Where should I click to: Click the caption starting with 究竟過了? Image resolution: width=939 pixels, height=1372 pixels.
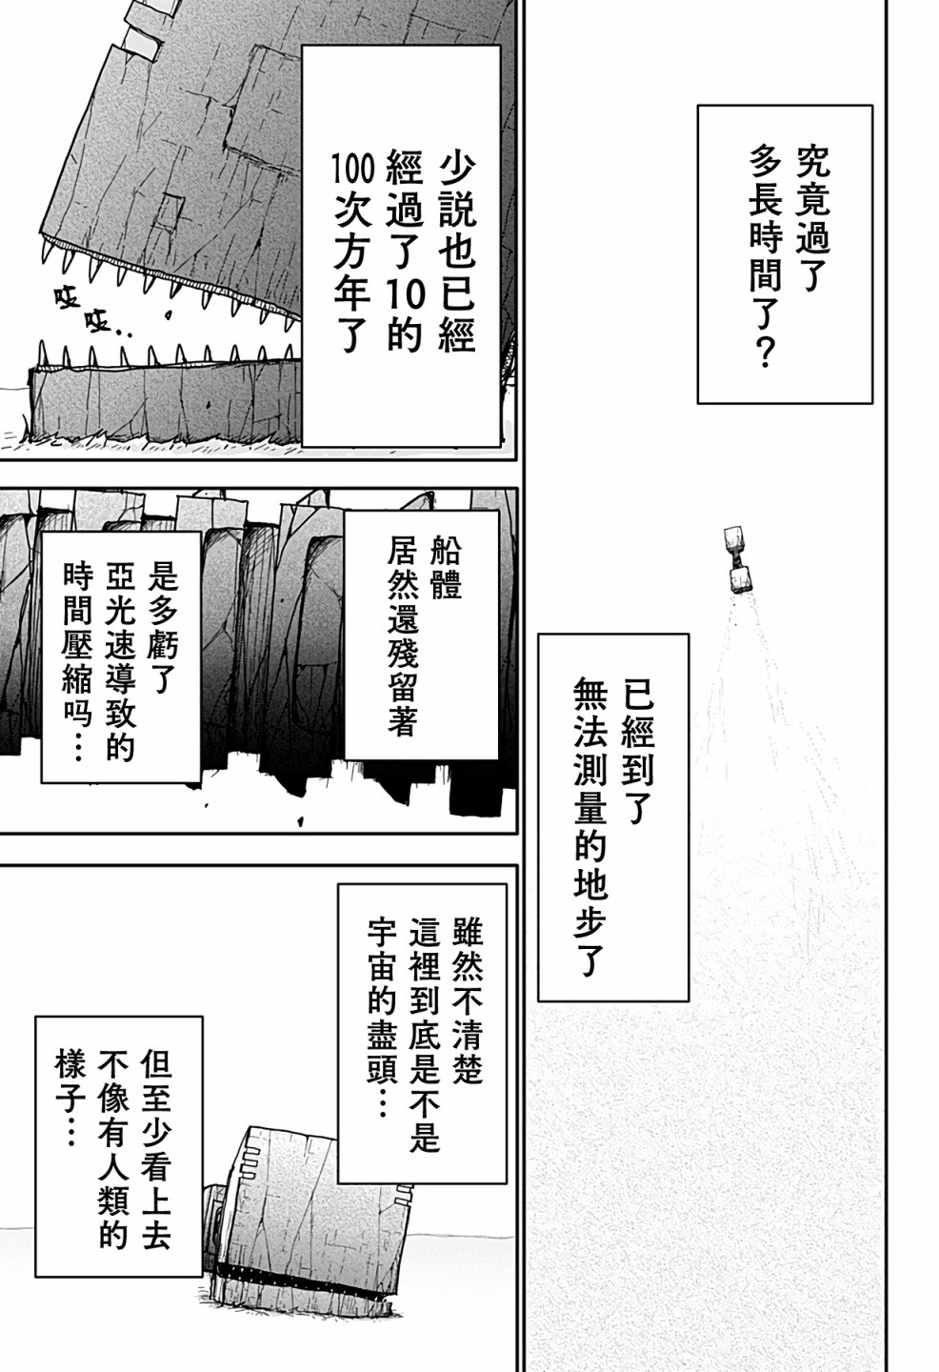pyautogui.click(x=785, y=254)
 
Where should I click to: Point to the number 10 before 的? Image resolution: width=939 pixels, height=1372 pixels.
pyautogui.click(x=405, y=295)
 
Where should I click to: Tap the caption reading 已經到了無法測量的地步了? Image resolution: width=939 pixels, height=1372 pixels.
pyautogui.click(x=613, y=817)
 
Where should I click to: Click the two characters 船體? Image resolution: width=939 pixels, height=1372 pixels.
pyautogui.click(x=447, y=568)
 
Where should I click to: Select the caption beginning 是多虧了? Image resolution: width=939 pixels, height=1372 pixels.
pyautogui.click(x=121, y=656)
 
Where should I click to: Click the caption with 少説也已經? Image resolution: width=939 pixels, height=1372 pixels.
pyautogui.click(x=402, y=245)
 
